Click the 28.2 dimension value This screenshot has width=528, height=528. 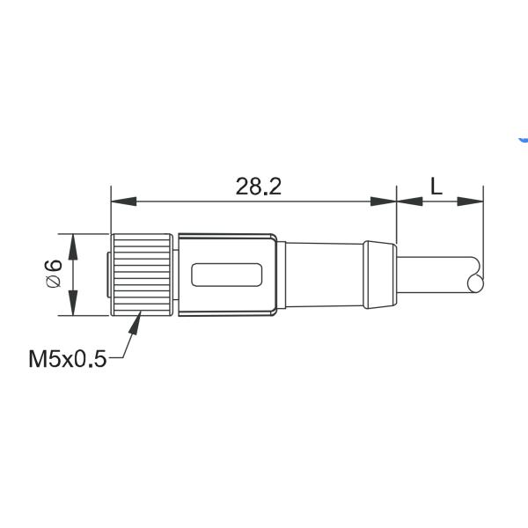[253, 186]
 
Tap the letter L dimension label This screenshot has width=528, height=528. [436, 186]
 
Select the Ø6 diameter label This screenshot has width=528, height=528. [54, 275]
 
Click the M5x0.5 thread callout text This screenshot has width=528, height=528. [67, 358]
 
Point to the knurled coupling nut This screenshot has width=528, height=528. [141, 275]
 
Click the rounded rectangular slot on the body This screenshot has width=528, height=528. [227, 275]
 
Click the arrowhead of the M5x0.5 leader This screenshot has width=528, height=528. [136, 324]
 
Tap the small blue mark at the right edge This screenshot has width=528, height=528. [524, 139]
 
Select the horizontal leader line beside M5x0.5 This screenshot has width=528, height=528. [118, 358]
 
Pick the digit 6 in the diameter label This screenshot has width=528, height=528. [54, 266]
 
